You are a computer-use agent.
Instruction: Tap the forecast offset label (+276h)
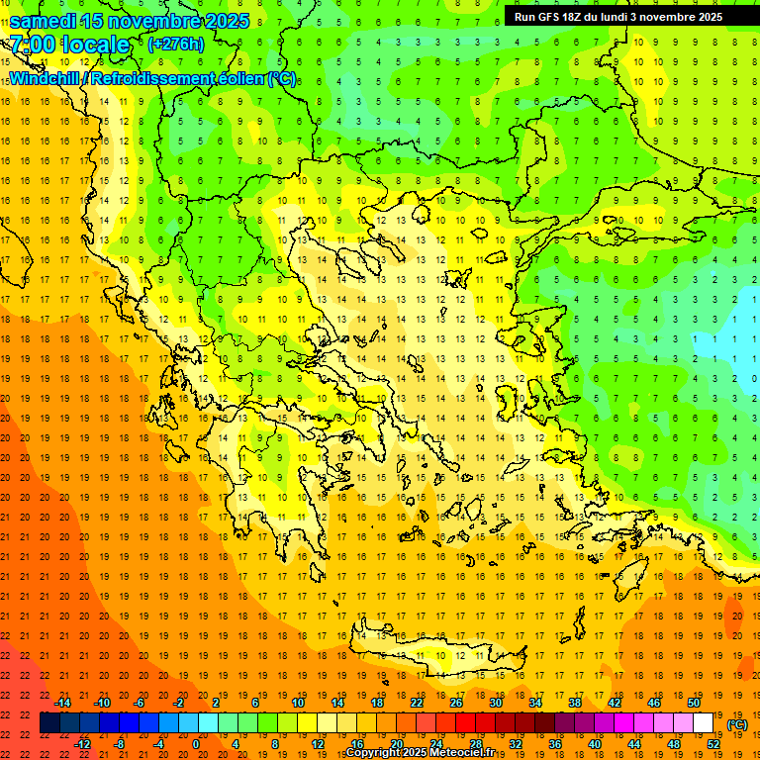coord(175,44)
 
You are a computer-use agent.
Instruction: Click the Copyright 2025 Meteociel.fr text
coord(421,753)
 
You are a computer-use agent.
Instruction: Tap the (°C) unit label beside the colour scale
coord(737,724)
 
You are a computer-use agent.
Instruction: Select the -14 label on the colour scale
coord(62,702)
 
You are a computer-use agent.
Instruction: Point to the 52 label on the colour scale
coord(713,744)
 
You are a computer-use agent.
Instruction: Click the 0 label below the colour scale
coord(197,744)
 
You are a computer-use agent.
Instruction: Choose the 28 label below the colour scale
coord(475,744)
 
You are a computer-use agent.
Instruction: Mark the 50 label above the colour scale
coord(693,702)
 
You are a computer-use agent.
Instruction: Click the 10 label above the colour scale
coord(297,702)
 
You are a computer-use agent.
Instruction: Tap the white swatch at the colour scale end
coord(703,723)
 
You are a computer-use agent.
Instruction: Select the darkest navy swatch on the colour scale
coord(49,723)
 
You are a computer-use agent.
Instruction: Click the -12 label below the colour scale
coord(82,744)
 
